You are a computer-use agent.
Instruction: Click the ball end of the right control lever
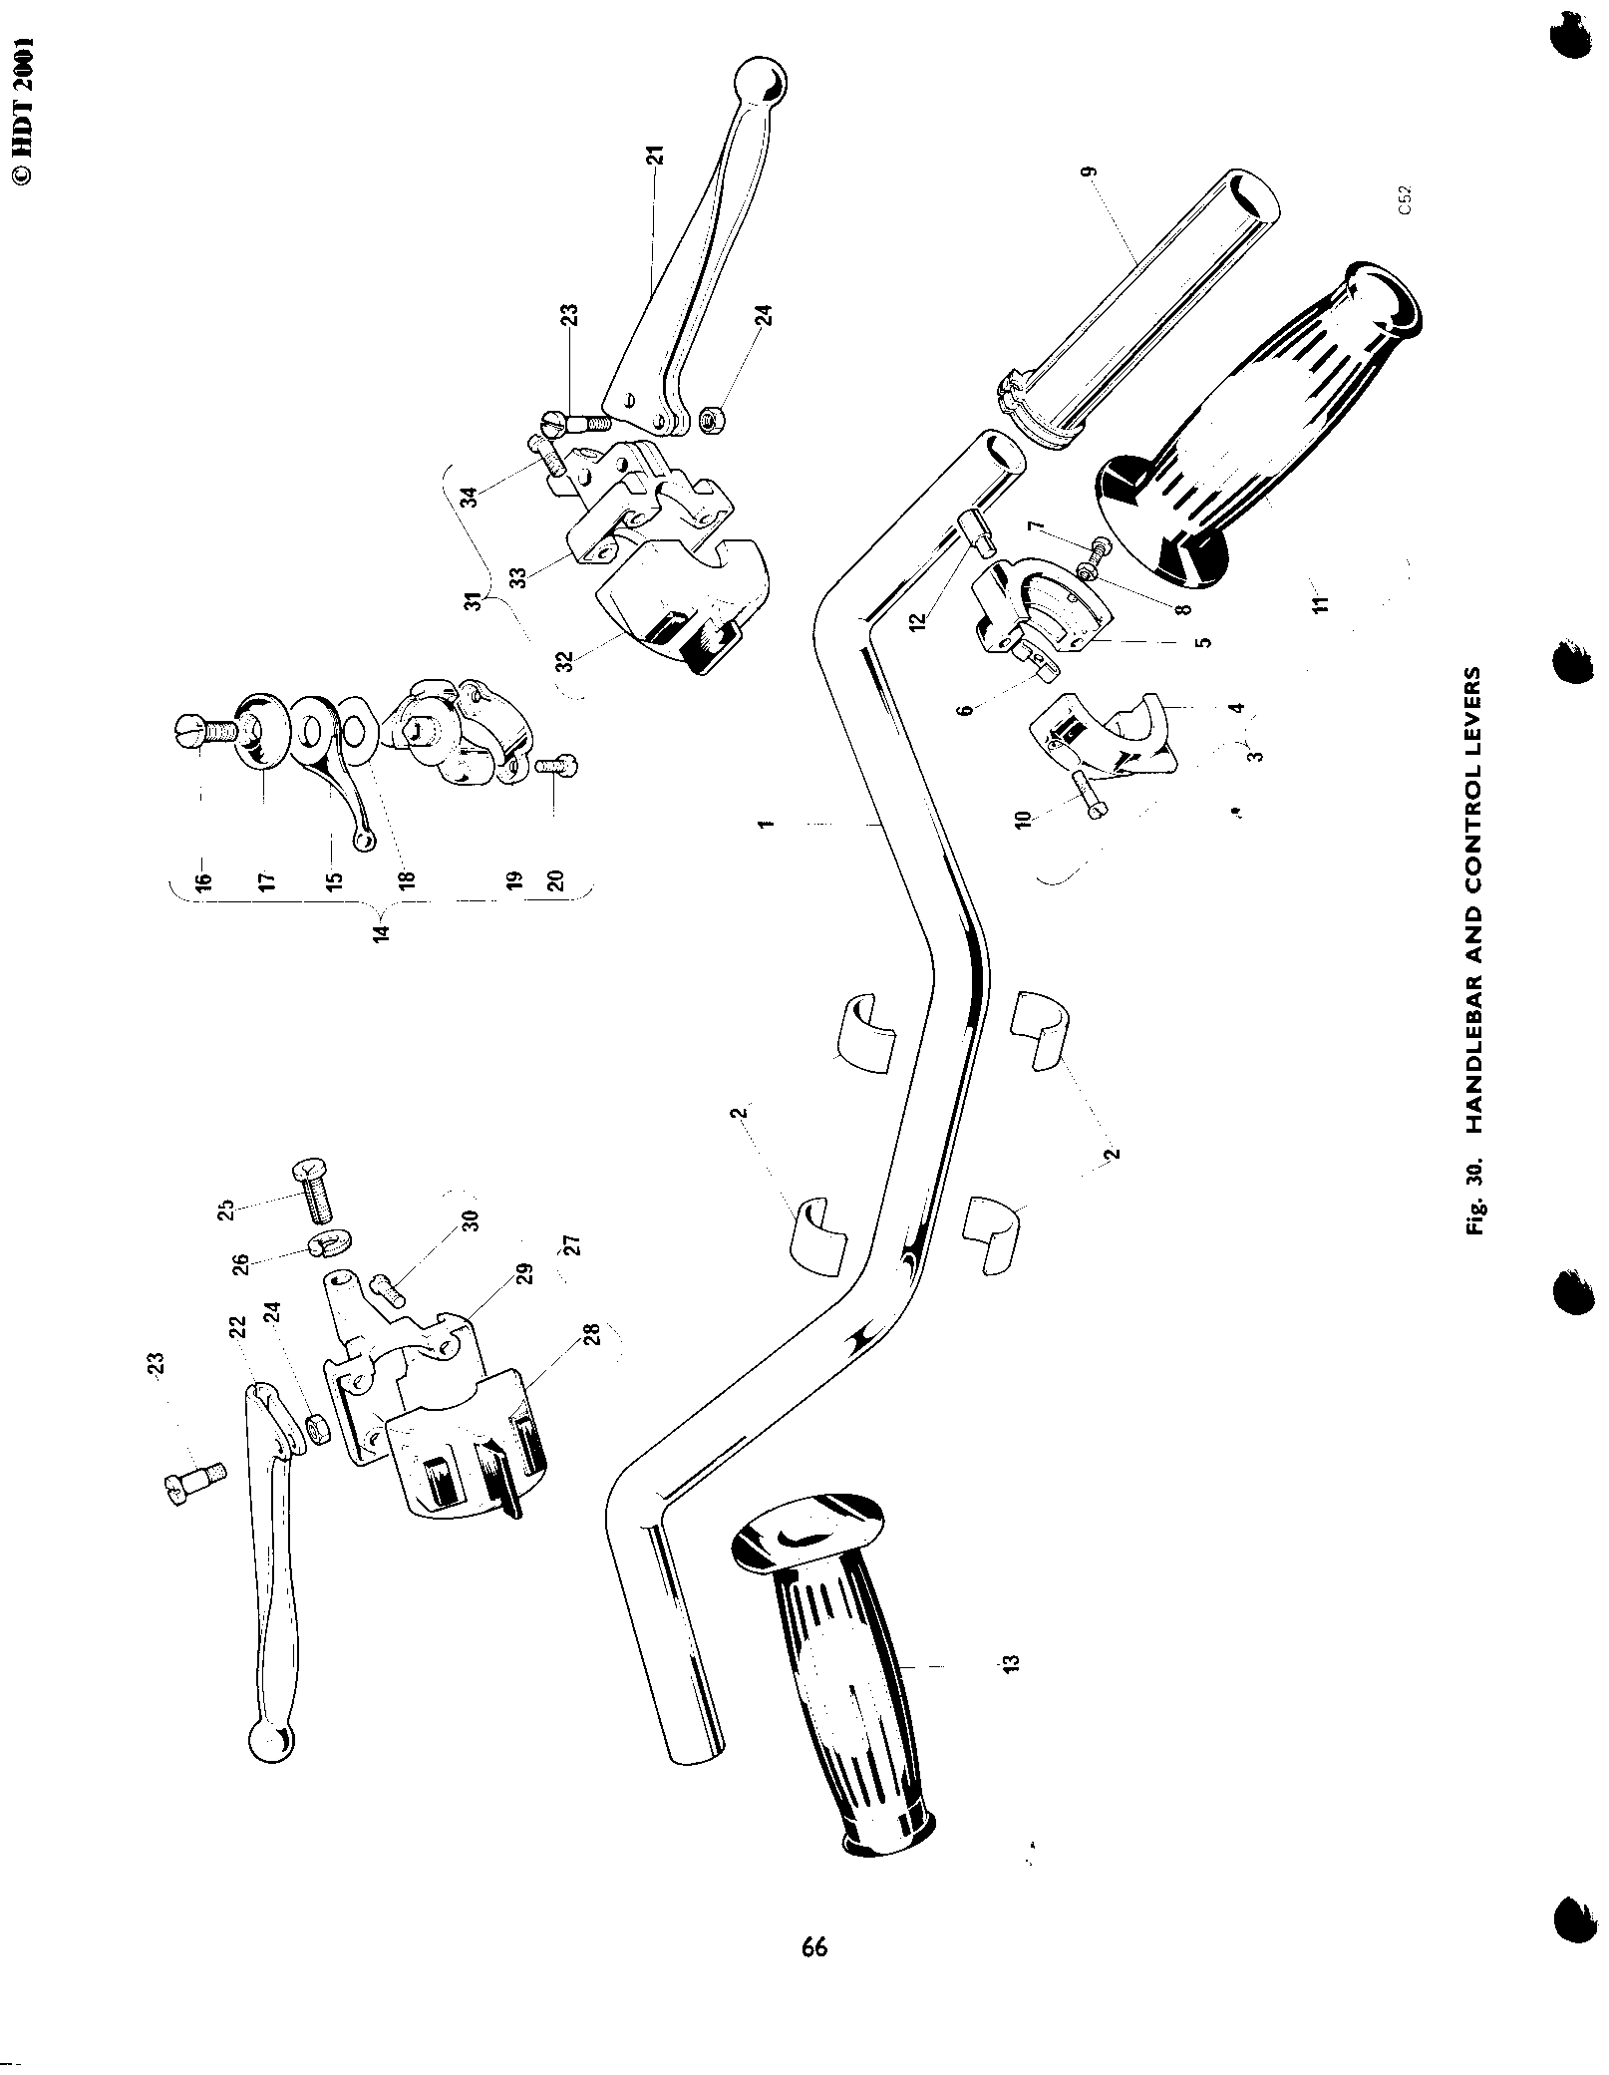[760, 80]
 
